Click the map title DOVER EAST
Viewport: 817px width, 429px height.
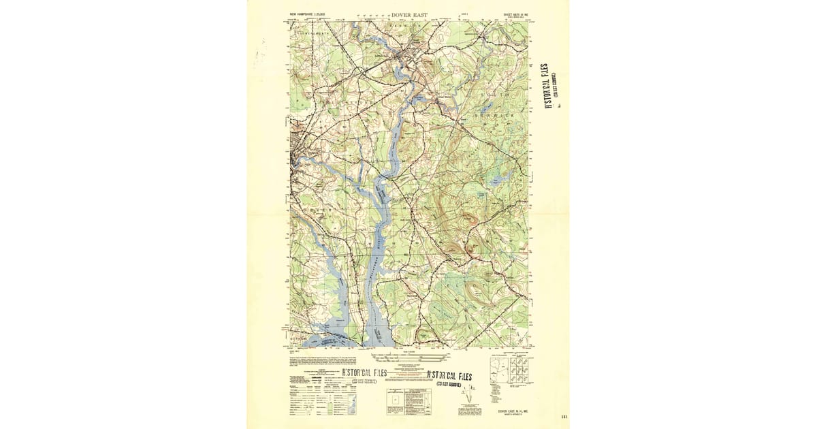(x=408, y=14)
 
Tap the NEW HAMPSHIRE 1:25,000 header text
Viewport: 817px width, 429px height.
(x=308, y=14)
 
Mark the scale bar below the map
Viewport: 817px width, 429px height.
(x=407, y=356)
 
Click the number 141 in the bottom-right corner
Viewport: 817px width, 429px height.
(x=564, y=417)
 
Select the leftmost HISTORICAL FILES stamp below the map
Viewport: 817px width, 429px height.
(x=363, y=373)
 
